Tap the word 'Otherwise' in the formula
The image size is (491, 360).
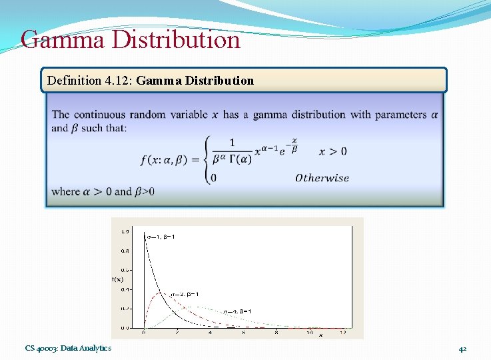322,178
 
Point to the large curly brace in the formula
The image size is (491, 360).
207,159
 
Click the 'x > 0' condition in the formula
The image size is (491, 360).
333,151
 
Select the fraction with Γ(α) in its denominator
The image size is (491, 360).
231,152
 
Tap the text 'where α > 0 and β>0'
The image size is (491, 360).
103,192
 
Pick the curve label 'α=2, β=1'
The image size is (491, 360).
185,294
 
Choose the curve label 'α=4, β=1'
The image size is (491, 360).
238,311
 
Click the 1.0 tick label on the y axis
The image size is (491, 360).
125,231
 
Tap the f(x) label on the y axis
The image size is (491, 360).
117,279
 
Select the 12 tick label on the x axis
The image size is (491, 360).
342,332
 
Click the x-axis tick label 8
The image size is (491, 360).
276,332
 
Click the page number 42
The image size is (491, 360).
462,349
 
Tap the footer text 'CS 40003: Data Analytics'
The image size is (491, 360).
69,348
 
